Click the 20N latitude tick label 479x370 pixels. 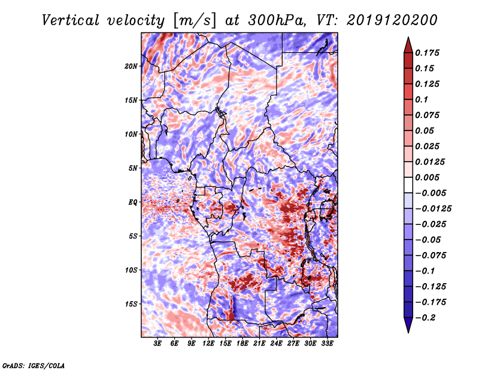point(131,66)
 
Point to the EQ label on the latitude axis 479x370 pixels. point(132,202)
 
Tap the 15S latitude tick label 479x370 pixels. point(131,304)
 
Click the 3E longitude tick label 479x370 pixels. point(158,343)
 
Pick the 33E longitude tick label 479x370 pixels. point(328,343)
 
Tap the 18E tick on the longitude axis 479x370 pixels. point(242,343)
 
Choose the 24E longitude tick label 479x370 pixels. point(277,343)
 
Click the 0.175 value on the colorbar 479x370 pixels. point(428,53)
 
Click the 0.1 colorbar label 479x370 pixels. point(422,99)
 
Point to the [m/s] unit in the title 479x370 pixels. point(193,21)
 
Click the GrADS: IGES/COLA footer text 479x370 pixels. point(34,365)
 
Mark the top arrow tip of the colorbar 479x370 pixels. point(407,39)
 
